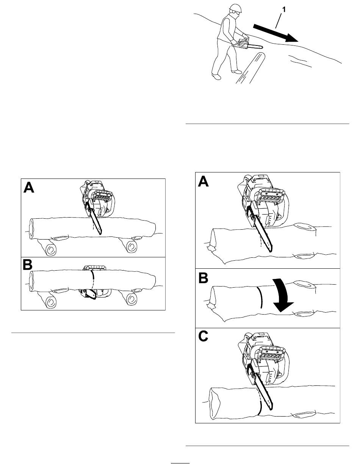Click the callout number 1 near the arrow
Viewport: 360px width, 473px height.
pos(284,9)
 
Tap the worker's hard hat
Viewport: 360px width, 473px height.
pos(235,8)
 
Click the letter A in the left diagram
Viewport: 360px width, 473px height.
pos(29,188)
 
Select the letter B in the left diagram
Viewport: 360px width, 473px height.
pos(28,265)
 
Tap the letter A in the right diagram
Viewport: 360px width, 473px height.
pos(203,181)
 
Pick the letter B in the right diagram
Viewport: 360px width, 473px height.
pos(203,278)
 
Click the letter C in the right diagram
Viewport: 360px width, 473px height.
pos(203,336)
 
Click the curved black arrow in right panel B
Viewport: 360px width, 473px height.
pos(282,296)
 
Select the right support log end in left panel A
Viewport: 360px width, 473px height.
pos(131,246)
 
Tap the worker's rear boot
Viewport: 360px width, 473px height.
pos(216,77)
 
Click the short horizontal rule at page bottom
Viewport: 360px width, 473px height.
pos(180,463)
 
